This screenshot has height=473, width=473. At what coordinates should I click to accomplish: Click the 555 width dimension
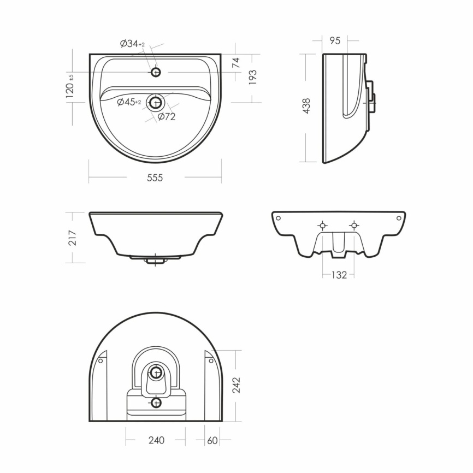click(x=155, y=178)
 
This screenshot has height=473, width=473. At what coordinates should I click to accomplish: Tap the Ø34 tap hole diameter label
click(x=132, y=44)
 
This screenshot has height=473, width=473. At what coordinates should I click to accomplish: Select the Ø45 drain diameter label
click(x=129, y=102)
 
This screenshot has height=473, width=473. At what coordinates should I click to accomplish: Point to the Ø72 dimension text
click(x=166, y=116)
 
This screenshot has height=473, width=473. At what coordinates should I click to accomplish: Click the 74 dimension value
click(x=235, y=62)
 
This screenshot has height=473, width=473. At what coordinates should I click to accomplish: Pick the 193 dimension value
click(x=252, y=77)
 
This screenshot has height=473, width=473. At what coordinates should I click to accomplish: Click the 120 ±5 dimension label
click(x=69, y=86)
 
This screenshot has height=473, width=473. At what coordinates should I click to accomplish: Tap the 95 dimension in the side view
click(x=335, y=40)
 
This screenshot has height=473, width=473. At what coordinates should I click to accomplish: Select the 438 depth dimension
click(x=306, y=105)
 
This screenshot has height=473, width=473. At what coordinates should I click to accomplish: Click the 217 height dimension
click(x=73, y=238)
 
